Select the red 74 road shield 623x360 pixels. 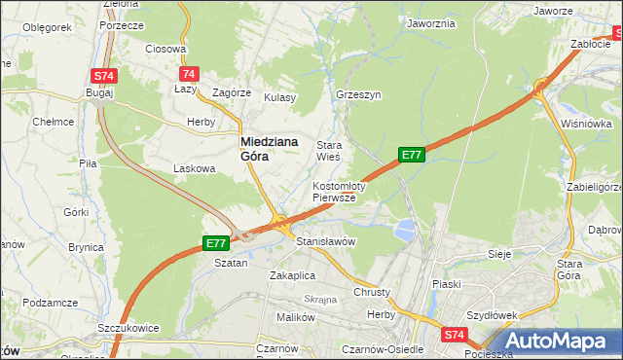pos(189,74)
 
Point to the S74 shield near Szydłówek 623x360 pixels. pos(454,334)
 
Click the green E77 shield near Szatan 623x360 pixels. pos(215,243)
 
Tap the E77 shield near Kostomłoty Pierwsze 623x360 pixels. pos(411,155)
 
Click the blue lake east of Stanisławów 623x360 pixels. pos(404,231)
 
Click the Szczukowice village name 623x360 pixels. pos(128,328)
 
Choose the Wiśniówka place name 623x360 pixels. pos(586,124)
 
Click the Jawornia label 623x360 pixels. pos(432,22)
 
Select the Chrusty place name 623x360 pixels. pos(372,292)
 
